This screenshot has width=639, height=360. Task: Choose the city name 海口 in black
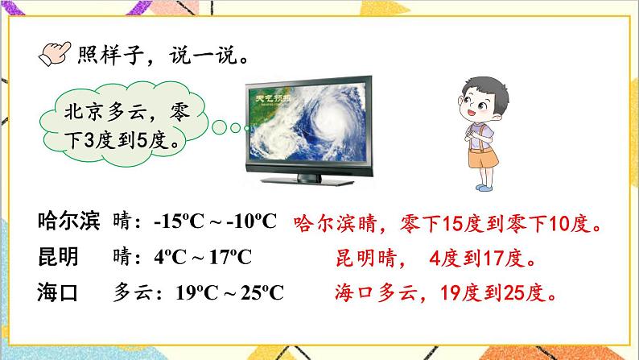pos(57,292)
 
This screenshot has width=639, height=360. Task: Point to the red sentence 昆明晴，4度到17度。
pos(435,259)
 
